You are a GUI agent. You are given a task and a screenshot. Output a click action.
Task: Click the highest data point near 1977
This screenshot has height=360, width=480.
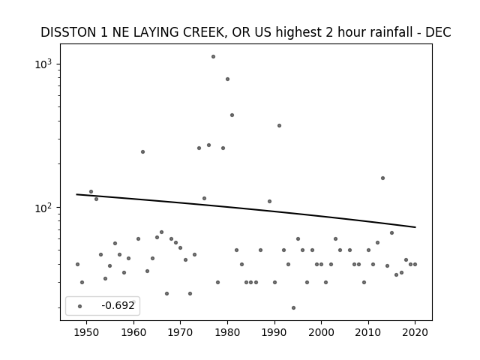tap(213, 57)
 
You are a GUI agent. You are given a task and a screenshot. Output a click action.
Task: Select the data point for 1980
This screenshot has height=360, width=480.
tap(227, 79)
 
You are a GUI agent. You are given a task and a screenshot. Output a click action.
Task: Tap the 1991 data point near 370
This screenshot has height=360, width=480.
tap(279, 126)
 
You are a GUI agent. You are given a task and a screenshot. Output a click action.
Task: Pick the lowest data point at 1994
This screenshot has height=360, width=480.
tap(293, 308)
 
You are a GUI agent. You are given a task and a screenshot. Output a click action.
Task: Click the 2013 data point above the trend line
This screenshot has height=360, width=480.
tap(382, 178)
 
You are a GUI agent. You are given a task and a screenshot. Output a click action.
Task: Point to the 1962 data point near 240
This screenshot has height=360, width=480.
tap(142, 151)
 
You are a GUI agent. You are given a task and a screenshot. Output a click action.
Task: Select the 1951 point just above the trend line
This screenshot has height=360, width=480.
tap(91, 192)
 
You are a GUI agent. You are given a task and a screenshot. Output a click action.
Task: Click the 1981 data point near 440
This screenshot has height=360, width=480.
tap(232, 115)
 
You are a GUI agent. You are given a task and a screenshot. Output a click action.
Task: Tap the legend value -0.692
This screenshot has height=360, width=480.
tap(118, 305)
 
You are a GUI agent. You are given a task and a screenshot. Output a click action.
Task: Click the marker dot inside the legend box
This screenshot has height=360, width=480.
tap(79, 306)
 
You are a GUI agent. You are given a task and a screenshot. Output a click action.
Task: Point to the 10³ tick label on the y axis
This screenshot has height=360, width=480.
tap(43, 64)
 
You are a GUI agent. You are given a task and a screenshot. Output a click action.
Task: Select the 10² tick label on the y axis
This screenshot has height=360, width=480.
tap(43, 208)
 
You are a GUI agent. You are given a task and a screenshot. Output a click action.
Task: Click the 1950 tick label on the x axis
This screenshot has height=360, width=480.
tap(87, 332)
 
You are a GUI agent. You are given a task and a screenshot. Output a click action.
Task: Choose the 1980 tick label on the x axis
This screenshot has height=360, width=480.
tap(227, 332)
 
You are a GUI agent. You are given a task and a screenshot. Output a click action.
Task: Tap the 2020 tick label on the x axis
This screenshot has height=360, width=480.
tap(415, 332)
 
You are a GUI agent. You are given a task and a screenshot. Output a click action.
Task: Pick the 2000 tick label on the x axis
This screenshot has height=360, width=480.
tap(321, 332)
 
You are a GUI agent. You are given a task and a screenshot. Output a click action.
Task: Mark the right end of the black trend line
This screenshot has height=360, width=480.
tap(415, 227)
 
